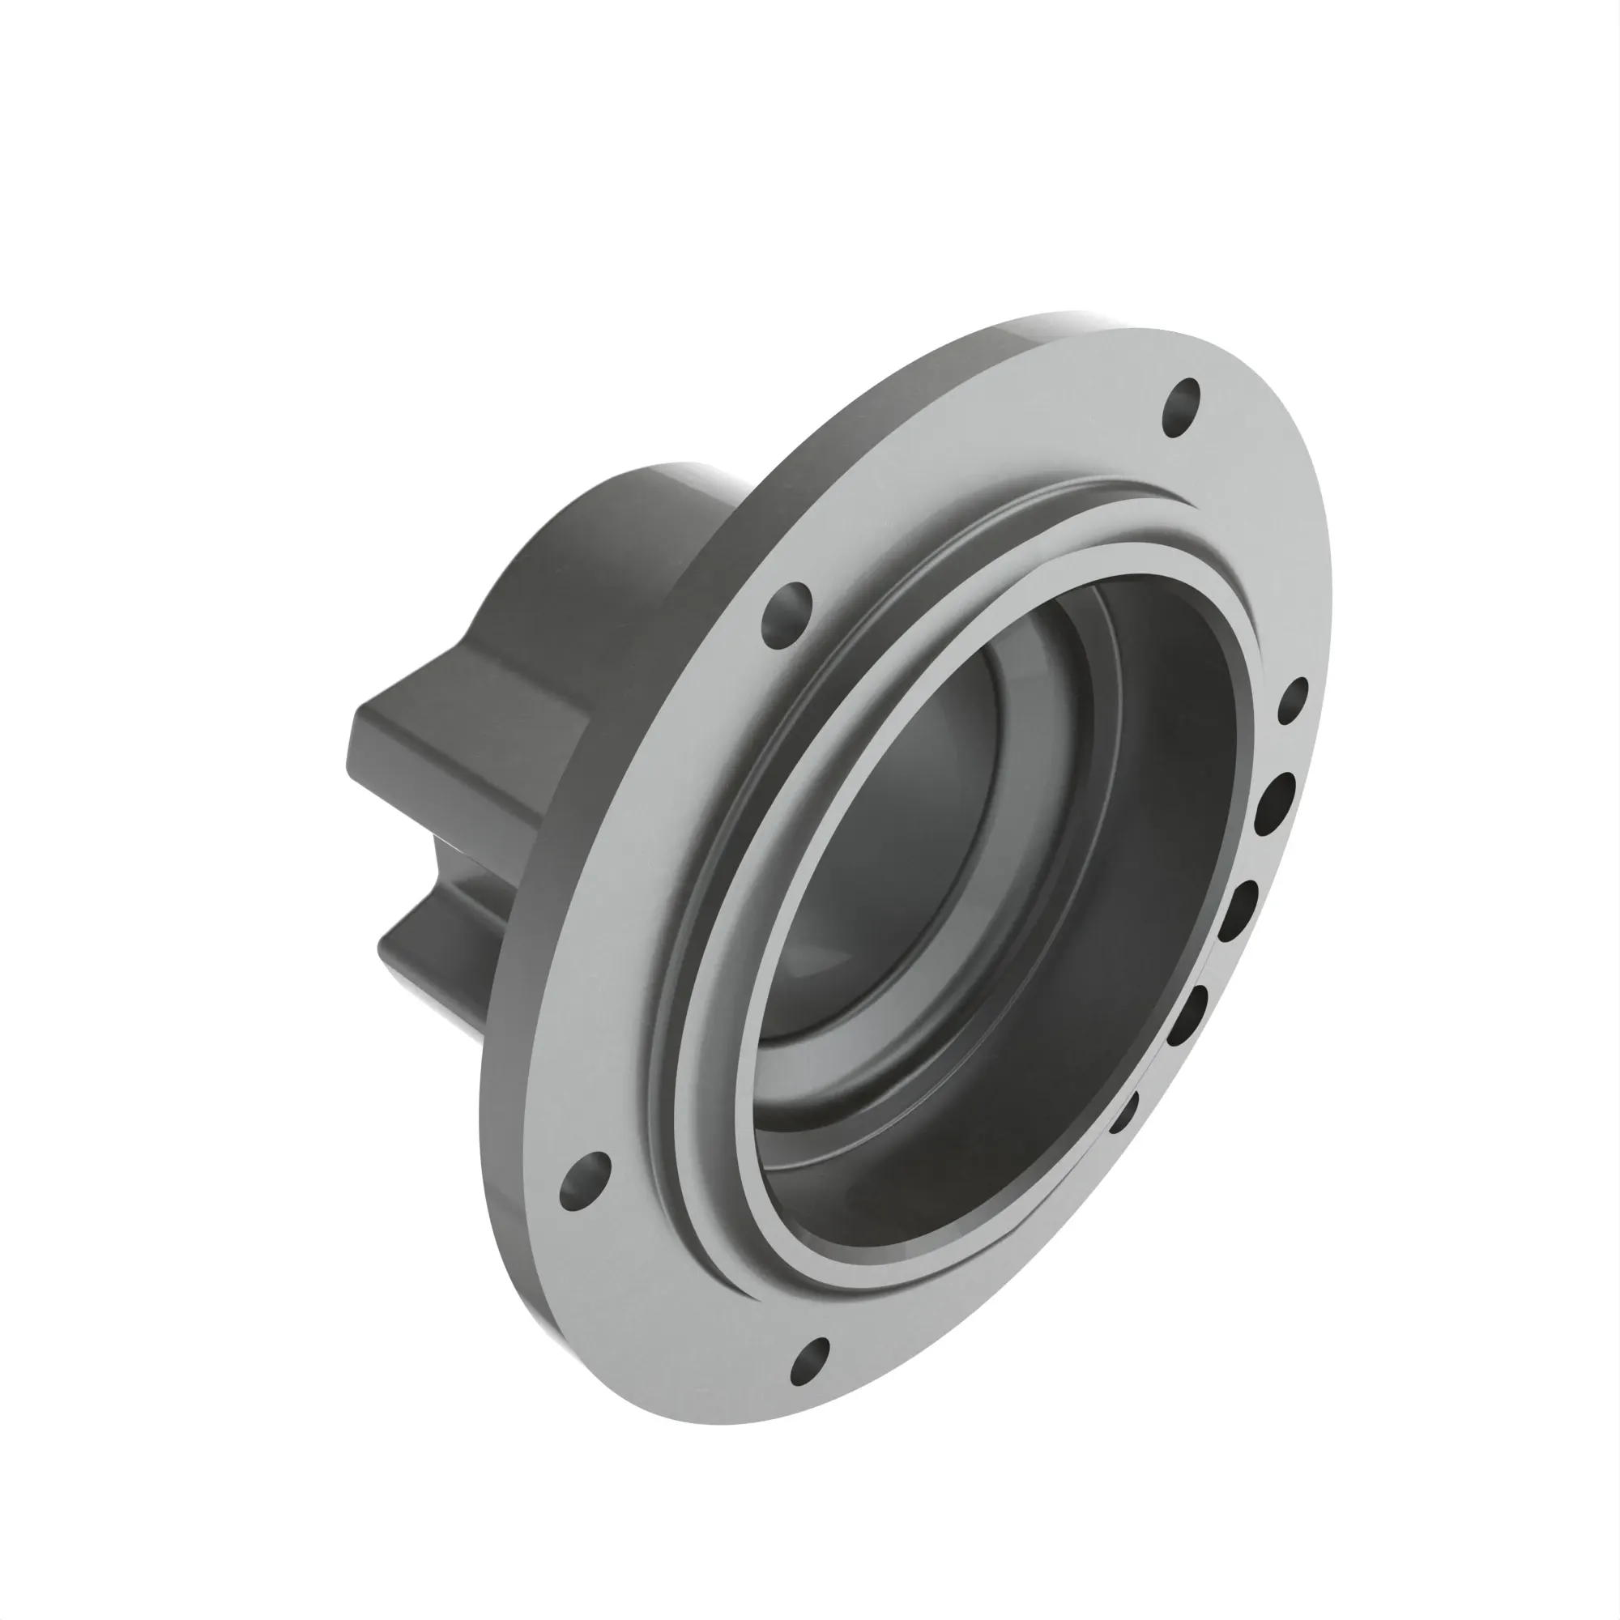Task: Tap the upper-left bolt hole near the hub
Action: [787, 615]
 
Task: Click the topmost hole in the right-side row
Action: [1293, 701]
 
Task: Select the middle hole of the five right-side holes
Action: [1237, 911]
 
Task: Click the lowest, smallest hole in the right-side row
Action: [1123, 1111]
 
